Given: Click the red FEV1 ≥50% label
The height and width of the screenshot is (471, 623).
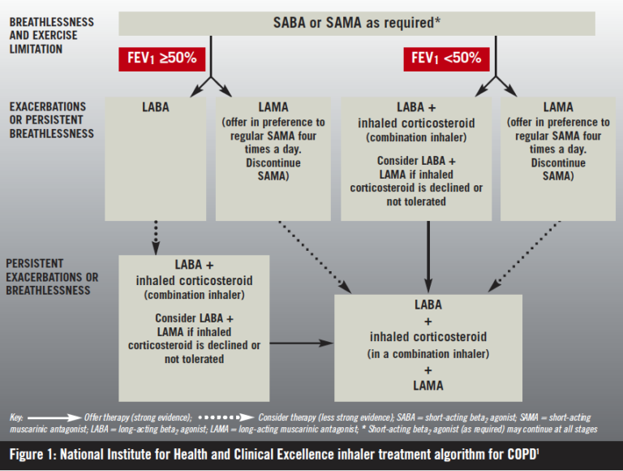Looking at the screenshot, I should [161, 58].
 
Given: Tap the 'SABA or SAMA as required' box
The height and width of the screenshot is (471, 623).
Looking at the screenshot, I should [357, 23].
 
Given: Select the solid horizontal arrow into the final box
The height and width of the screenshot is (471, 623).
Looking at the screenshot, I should [300, 344].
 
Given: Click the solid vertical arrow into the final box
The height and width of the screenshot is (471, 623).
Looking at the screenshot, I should [428, 256].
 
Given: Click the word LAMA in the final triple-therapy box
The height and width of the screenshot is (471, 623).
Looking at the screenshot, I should [428, 386].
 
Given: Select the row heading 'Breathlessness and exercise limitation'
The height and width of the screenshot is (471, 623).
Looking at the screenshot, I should [51, 36].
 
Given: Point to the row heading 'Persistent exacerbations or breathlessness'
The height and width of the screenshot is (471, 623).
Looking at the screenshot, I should [52, 277].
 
